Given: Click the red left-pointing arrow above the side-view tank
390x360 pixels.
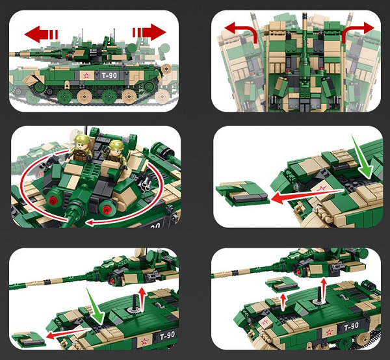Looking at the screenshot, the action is click(x=41, y=34).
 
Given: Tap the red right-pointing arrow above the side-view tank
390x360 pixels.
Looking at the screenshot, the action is click(x=149, y=32).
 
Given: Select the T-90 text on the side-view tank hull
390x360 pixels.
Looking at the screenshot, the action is click(x=109, y=75).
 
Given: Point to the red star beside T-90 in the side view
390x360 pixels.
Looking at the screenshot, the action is click(x=86, y=75).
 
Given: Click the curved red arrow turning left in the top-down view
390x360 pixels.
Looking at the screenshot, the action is click(x=241, y=31).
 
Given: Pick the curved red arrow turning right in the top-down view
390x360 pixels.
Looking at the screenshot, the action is click(x=358, y=31).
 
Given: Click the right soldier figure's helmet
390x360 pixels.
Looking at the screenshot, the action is click(x=116, y=145).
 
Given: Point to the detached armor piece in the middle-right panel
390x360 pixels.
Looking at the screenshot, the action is click(x=242, y=193).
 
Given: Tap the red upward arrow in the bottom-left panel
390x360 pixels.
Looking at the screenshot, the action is click(x=142, y=300).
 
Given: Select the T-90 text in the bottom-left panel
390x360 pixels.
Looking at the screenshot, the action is click(x=168, y=336).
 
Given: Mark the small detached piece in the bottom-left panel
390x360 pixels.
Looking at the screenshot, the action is click(x=29, y=339).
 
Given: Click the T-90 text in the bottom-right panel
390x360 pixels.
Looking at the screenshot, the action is click(x=351, y=326).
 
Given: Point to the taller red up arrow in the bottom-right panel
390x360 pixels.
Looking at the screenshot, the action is click(x=323, y=290).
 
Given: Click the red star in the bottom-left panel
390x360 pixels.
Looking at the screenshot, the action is click(x=145, y=342).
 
